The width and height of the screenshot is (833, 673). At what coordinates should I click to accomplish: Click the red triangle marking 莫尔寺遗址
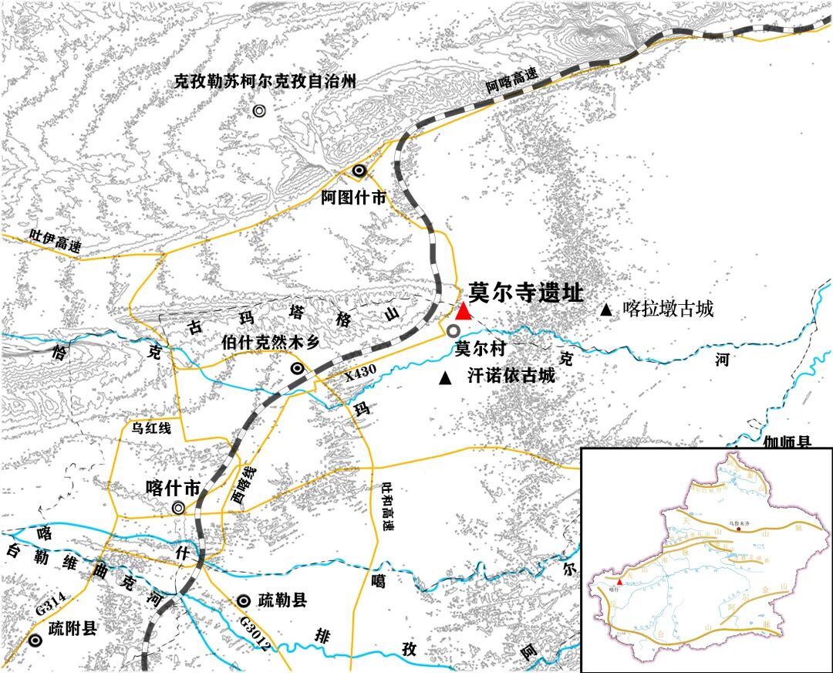pos(463,311)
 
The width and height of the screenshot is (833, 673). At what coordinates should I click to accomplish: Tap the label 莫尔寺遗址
pos(525,293)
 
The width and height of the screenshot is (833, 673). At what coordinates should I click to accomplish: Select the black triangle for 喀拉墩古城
pos(606,310)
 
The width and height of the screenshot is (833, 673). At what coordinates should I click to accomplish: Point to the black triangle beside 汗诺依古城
pos(444,378)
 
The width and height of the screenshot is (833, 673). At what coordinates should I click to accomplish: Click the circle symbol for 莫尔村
pos(454,330)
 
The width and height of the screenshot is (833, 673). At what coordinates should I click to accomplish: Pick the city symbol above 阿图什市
pos(359,171)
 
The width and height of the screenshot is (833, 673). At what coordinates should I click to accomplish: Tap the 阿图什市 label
pos(353,197)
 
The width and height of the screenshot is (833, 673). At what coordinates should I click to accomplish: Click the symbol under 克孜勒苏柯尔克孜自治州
pos(259,110)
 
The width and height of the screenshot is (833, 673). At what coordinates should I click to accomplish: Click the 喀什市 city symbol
pos(179,507)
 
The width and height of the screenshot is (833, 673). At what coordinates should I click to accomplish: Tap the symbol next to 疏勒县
pos(243,600)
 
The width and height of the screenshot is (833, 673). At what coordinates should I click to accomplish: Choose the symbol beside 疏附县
pos(35,640)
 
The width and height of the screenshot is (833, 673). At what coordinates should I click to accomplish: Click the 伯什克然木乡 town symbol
pos(296,369)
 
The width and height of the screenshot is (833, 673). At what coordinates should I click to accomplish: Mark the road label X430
pos(360,373)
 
